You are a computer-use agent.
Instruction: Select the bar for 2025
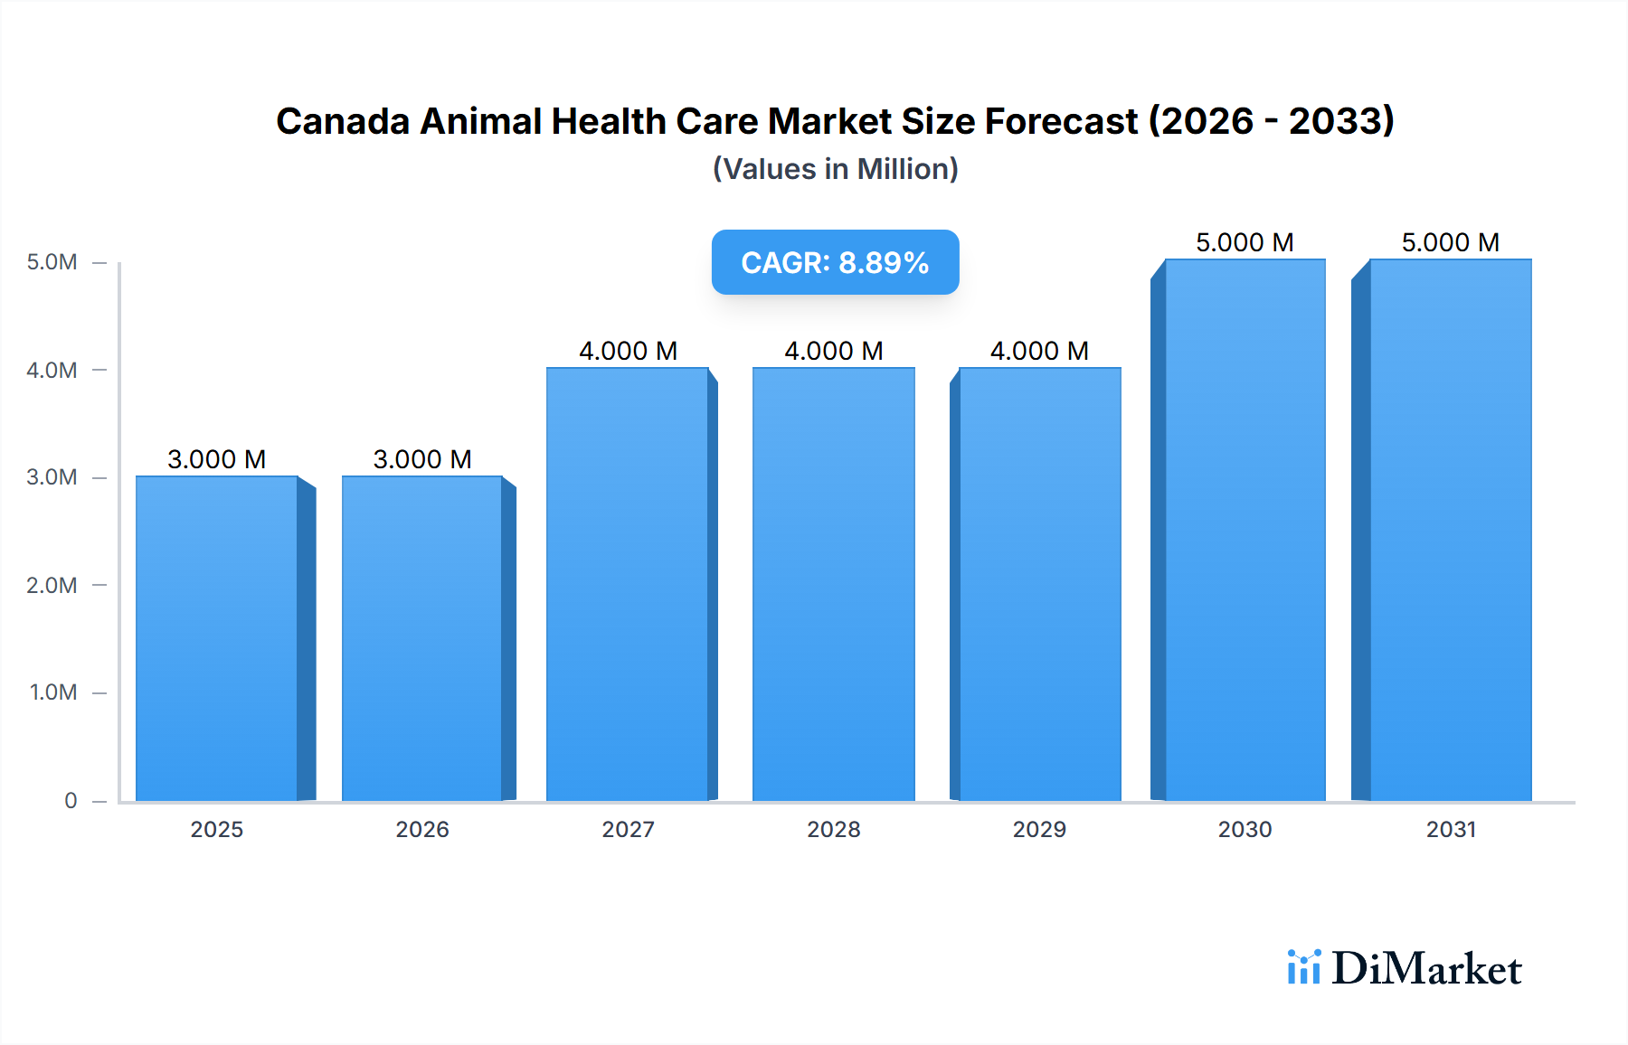point(217,638)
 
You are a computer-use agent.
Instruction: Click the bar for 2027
point(628,584)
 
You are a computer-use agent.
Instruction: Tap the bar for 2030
point(1245,530)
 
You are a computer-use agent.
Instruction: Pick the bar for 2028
point(833,584)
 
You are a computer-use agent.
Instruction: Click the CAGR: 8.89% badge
point(835,262)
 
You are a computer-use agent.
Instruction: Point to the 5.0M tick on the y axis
point(52,262)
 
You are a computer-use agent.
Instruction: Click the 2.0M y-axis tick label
point(52,585)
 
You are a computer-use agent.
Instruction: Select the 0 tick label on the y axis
point(71,800)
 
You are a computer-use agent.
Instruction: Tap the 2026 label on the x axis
point(422,829)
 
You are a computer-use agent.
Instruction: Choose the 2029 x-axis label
point(1039,829)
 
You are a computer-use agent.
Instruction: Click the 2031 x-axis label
point(1451,829)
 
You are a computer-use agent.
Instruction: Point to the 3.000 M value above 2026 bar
point(422,459)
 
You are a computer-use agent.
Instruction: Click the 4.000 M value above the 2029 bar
point(1039,351)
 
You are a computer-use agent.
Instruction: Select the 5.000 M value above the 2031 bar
point(1451,242)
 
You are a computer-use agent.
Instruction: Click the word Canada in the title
point(343,121)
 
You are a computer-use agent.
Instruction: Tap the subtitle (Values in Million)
point(835,169)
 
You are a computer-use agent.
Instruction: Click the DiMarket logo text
point(1426,968)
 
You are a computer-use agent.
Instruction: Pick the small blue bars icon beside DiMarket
point(1303,967)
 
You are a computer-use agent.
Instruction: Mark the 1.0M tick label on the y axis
point(52,692)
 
